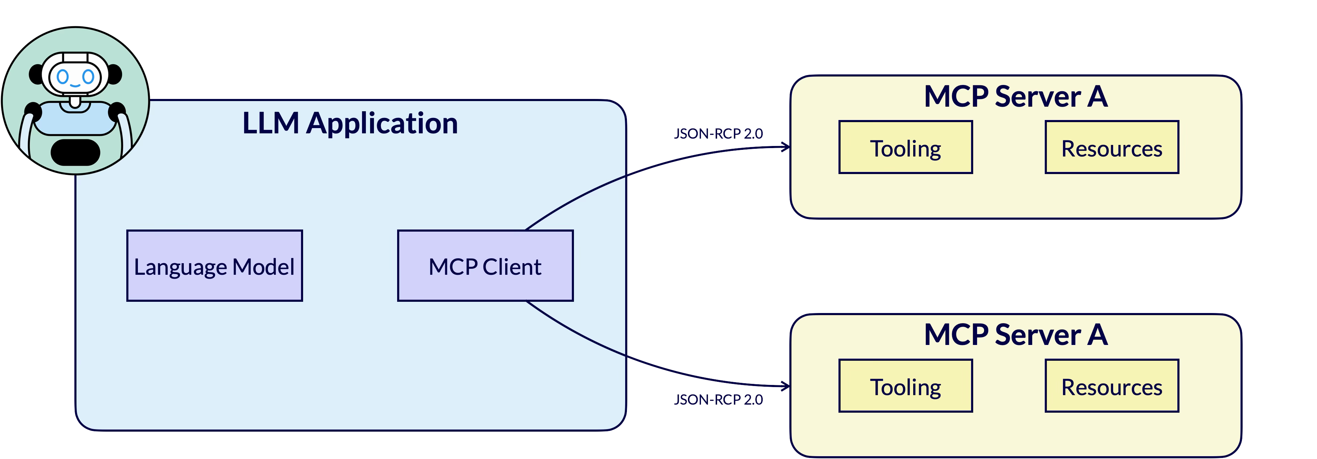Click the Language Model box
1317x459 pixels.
[x=214, y=265]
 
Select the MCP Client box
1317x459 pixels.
[x=485, y=265]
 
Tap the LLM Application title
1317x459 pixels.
[x=350, y=123]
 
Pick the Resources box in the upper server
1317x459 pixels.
[x=1111, y=147]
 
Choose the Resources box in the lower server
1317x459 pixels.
[x=1111, y=386]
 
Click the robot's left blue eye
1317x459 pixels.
[x=62, y=76]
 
